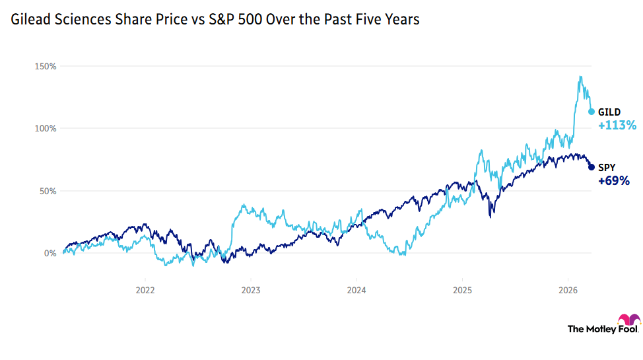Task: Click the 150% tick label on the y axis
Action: [x=46, y=67]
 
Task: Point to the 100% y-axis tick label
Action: [x=46, y=129]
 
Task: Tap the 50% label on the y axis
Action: [x=48, y=191]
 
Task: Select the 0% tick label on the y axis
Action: [x=50, y=253]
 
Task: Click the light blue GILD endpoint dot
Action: [x=592, y=112]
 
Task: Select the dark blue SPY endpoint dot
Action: [x=592, y=167]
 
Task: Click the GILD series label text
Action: [x=609, y=112]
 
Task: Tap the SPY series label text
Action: [x=607, y=167]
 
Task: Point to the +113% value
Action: [x=617, y=126]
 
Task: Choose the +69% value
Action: [x=613, y=180]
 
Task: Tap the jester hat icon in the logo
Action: [x=628, y=320]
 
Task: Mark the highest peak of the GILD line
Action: [x=580, y=77]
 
